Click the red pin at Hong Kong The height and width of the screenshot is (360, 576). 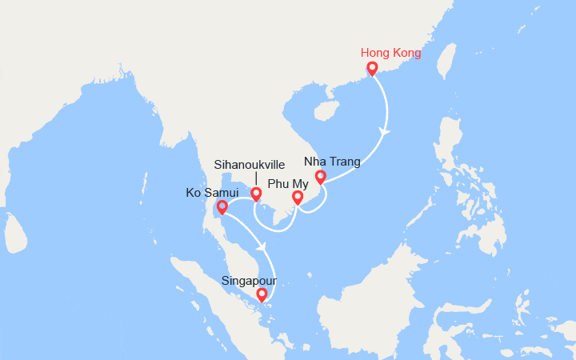tap(372, 69)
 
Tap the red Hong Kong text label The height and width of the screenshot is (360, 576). tap(390, 53)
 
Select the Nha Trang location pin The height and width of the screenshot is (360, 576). tap(321, 177)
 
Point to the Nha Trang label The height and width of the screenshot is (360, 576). tap(333, 162)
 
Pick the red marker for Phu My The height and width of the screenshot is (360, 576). tap(298, 197)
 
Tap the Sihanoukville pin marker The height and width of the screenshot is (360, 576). tap(256, 194)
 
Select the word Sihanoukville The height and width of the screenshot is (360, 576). tap(250, 165)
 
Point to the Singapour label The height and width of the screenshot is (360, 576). tap(250, 280)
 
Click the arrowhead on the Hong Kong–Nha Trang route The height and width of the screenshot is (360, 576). tap(385, 131)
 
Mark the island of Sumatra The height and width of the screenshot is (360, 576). tap(212, 296)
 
